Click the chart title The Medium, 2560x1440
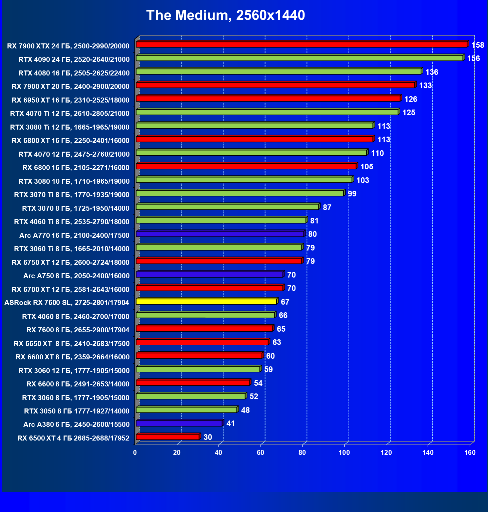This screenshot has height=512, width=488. [225, 15]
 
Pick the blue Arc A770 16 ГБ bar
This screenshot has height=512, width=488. [220, 234]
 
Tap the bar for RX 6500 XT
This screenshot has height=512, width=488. [167, 437]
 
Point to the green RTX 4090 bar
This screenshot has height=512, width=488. [299, 58]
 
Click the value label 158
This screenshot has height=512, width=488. [478, 45]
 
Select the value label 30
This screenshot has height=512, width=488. [207, 437]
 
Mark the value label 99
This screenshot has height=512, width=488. [352, 194]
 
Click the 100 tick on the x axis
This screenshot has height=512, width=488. [344, 453]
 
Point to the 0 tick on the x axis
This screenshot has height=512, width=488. [135, 453]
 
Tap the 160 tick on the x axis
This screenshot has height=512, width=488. [470, 453]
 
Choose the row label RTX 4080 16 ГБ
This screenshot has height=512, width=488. [74, 73]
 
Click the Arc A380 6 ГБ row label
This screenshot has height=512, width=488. [76, 424]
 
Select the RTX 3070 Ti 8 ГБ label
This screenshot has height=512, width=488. [72, 195]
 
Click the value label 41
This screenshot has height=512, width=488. [230, 423]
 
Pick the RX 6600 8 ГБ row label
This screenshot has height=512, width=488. [78, 384]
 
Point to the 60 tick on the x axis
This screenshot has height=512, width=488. [261, 453]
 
